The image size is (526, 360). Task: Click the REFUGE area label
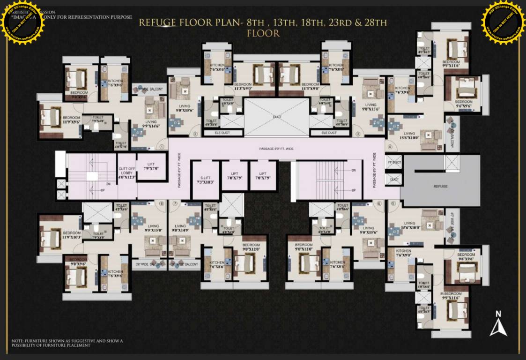point(440,187)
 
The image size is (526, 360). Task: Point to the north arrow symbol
point(498,324)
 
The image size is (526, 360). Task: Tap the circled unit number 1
point(161,147)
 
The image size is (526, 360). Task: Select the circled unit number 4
point(389,147)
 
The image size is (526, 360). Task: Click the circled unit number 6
point(379,203)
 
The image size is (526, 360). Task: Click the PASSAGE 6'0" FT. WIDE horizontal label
point(276,149)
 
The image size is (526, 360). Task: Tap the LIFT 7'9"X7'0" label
point(152,166)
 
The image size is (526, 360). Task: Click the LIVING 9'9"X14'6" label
point(151,124)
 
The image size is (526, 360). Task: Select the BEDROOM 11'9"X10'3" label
point(72,235)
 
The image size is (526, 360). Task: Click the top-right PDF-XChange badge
point(503,22)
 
